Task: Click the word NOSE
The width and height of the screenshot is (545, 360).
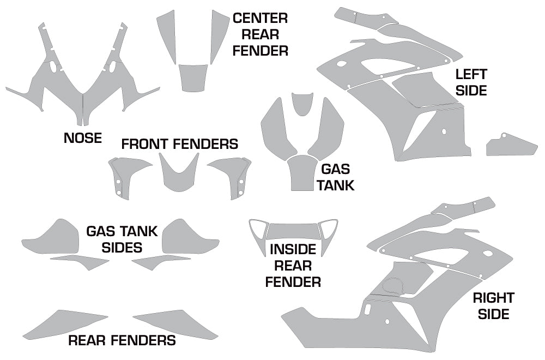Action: (x=83, y=138)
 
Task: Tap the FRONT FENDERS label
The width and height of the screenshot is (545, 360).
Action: (x=179, y=144)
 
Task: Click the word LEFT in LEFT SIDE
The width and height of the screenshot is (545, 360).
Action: (x=471, y=74)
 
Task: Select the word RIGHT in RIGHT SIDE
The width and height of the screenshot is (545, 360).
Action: (x=493, y=298)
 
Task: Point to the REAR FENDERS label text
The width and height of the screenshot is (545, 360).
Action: (x=122, y=341)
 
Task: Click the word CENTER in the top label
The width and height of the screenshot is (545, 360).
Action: (x=260, y=18)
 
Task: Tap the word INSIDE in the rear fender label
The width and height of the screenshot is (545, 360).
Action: (x=293, y=250)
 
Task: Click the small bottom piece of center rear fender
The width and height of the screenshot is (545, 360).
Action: (x=193, y=77)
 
